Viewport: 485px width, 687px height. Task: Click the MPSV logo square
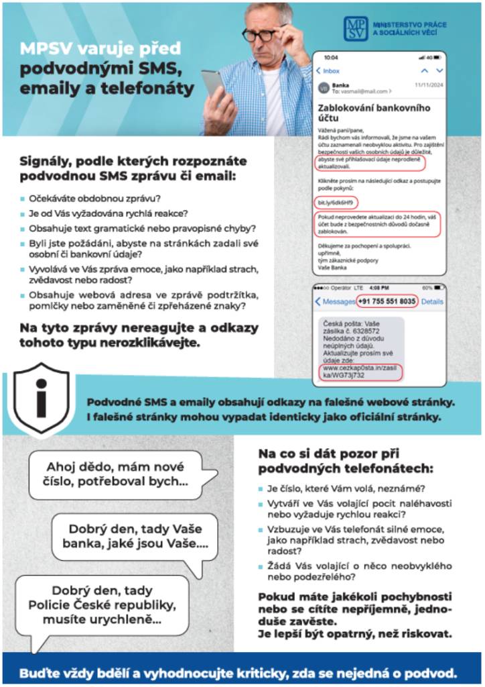(x=355, y=29)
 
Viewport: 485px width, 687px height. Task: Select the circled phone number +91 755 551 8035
(x=386, y=301)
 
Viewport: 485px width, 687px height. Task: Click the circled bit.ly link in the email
(x=336, y=202)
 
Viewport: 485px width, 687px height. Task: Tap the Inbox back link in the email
(x=328, y=70)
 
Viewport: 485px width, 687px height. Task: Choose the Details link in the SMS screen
(x=432, y=302)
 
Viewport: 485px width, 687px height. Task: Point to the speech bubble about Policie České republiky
(x=102, y=605)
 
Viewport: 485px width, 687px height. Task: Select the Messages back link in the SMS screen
(x=335, y=302)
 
